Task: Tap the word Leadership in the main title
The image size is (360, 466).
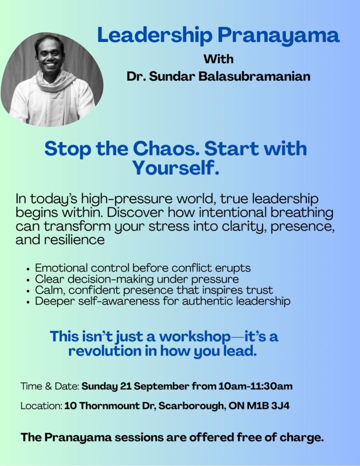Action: (x=155, y=35)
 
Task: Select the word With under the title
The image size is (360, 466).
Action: (x=218, y=59)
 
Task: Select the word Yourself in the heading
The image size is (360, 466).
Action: (x=175, y=167)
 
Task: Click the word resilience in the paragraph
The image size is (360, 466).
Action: (x=74, y=239)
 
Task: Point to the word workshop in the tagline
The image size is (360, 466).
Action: (x=195, y=337)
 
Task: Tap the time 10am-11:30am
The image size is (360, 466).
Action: (x=255, y=386)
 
